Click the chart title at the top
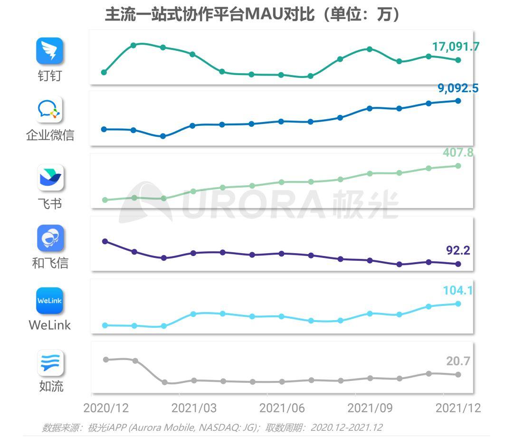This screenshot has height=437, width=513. [252, 14]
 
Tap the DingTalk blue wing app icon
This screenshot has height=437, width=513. [50, 51]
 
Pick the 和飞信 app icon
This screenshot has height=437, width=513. [50, 238]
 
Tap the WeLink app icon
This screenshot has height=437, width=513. [50, 301]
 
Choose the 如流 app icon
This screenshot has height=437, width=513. [50, 363]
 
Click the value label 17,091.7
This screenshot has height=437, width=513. [456, 47]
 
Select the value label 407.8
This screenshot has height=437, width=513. [458, 152]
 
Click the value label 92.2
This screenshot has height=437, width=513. [457, 250]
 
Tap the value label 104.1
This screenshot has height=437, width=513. [457, 290]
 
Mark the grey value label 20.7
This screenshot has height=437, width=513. [458, 361]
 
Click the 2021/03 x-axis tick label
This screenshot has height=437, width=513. [194, 408]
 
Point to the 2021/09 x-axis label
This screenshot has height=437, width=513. [370, 408]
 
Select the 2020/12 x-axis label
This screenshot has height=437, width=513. [105, 408]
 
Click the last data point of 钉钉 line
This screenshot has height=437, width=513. [458, 60]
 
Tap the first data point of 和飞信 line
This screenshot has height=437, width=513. [105, 241]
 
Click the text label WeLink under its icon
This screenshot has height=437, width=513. [50, 325]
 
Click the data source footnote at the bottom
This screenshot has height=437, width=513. [212, 427]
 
